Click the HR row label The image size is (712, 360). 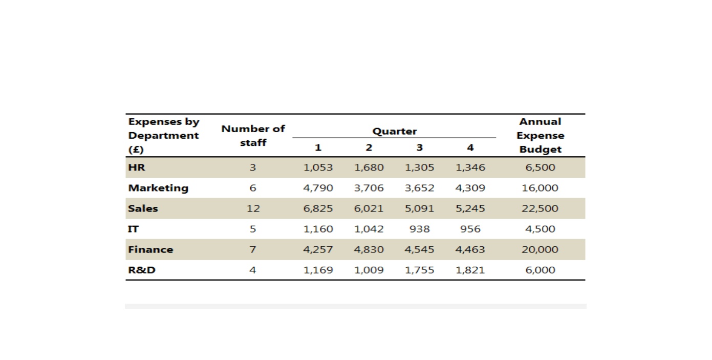pyautogui.click(x=136, y=167)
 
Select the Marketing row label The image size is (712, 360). pyautogui.click(x=158, y=188)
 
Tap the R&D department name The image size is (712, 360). pyautogui.click(x=141, y=270)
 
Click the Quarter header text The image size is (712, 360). pyautogui.click(x=395, y=131)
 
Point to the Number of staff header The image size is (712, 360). pyautogui.click(x=253, y=136)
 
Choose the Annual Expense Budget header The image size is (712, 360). pyautogui.click(x=541, y=136)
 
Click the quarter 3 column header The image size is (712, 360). pyautogui.click(x=420, y=147)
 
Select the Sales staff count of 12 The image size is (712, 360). pyautogui.click(x=253, y=208)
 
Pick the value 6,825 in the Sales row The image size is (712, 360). pyautogui.click(x=318, y=208)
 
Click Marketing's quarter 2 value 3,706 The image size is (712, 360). pyautogui.click(x=369, y=188)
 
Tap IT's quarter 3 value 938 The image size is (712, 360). pyautogui.click(x=420, y=229)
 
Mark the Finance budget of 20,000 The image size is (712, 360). pyautogui.click(x=540, y=250)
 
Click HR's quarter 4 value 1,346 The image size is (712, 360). pyautogui.click(x=470, y=167)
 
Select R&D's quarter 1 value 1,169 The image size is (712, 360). pyautogui.click(x=318, y=270)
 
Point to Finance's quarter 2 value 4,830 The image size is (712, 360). pyautogui.click(x=369, y=250)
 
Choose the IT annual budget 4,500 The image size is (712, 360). pyautogui.click(x=540, y=229)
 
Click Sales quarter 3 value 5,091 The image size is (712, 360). pyautogui.click(x=420, y=208)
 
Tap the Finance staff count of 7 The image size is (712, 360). pyautogui.click(x=253, y=250)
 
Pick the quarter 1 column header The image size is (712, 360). pyautogui.click(x=318, y=147)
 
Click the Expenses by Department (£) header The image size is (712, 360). pyautogui.click(x=164, y=136)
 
